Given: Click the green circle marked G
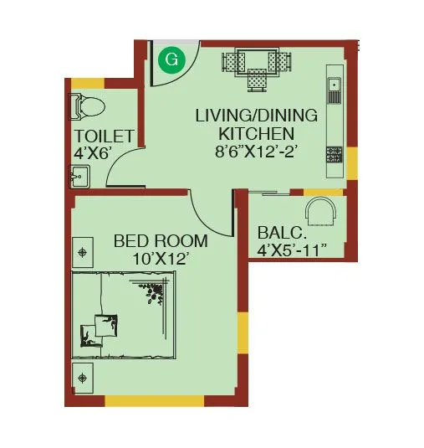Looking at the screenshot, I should coord(171,59).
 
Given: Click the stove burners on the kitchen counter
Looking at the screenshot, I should coord(334,154).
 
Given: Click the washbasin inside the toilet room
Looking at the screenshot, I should coord(80,177).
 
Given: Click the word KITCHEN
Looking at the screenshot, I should coord(256,133).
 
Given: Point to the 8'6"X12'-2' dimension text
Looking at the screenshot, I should coord(256,152).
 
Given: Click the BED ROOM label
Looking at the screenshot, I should coord(161,242).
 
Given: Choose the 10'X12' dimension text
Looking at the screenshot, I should coord(157,260).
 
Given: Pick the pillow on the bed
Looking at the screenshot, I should coord(105,324).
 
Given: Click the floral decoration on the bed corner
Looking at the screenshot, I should coord(154,293).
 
